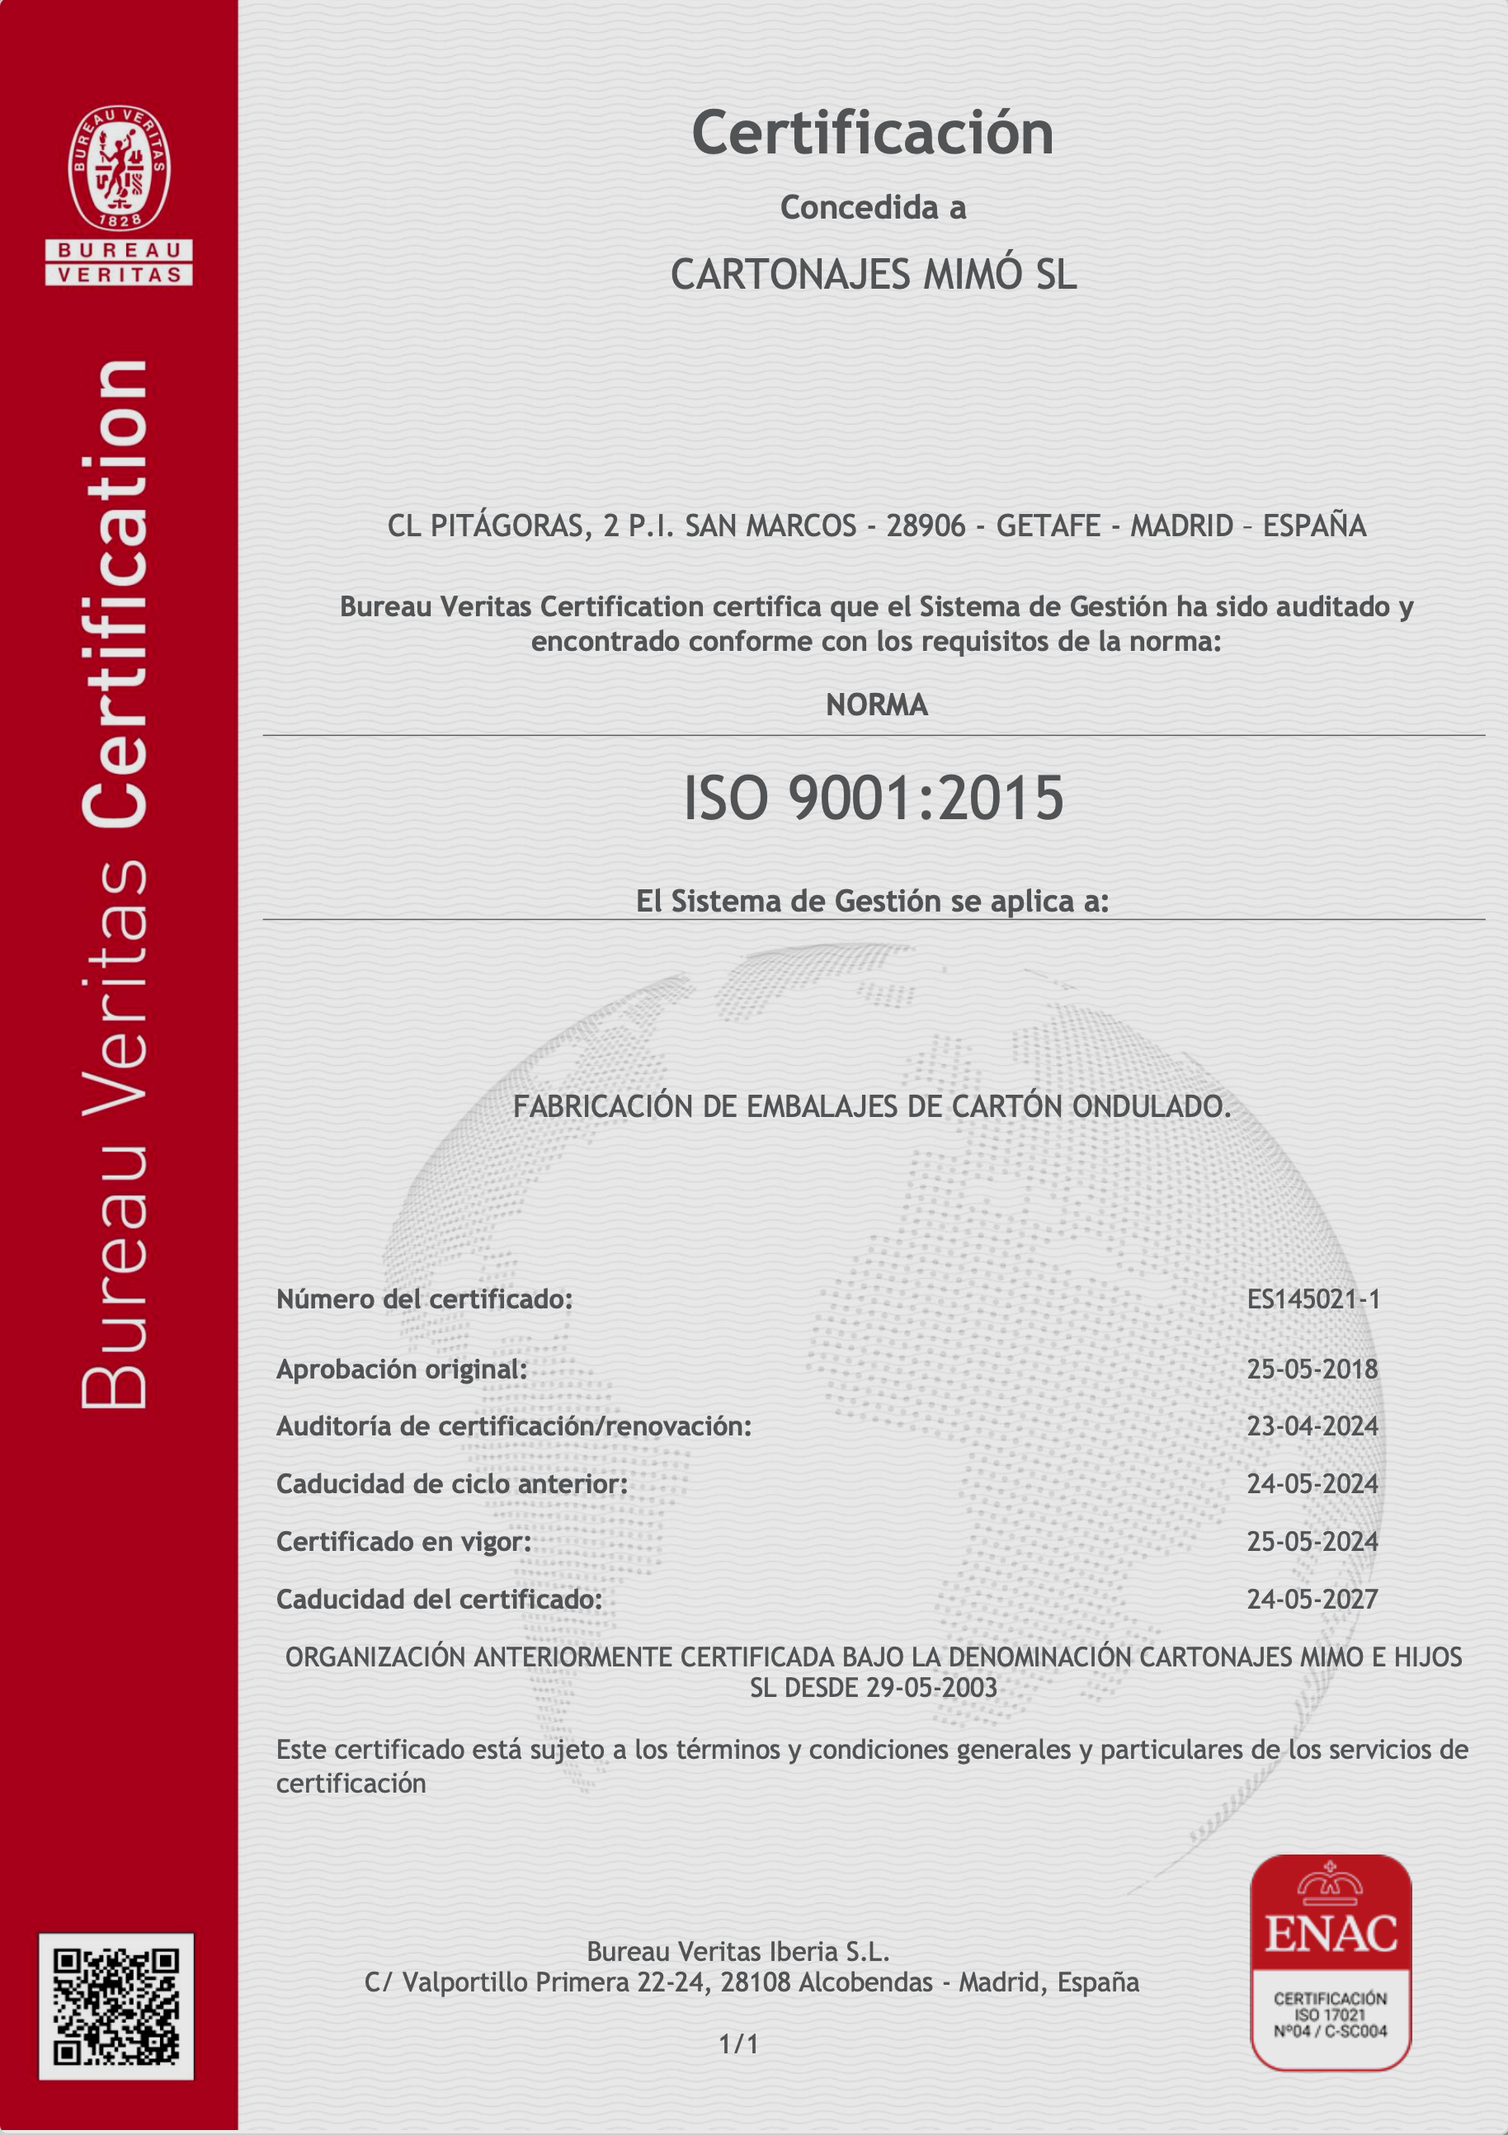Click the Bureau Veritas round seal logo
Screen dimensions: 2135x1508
point(119,168)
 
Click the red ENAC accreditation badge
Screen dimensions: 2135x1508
point(1331,1962)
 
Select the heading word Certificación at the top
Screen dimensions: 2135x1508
point(872,133)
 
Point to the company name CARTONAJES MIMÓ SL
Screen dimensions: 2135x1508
point(873,275)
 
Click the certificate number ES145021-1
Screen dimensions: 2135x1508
point(1312,1299)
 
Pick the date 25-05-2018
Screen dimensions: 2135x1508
point(1312,1369)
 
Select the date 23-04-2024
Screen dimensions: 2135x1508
point(1312,1426)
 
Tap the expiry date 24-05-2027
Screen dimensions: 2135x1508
point(1312,1599)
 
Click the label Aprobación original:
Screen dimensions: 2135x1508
point(402,1369)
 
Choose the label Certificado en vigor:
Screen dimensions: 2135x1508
point(403,1541)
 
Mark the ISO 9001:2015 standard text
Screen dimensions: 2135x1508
point(873,799)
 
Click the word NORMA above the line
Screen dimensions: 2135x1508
point(876,705)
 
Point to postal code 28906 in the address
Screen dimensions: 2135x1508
point(913,526)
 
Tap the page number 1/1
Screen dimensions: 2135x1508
point(738,2044)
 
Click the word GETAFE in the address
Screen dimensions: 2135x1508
point(1048,526)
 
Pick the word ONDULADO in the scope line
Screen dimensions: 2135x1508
point(1151,1106)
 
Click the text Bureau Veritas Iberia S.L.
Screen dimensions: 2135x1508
point(738,1951)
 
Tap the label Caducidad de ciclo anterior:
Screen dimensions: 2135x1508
point(452,1483)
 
